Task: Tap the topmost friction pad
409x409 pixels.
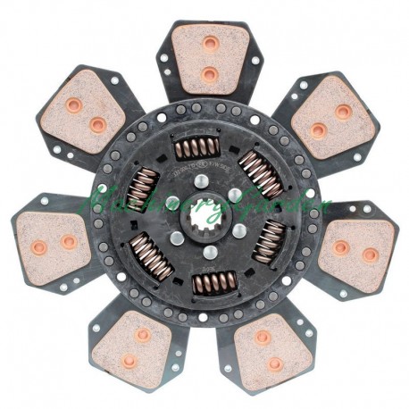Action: (206, 61)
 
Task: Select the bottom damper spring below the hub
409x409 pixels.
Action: (210, 284)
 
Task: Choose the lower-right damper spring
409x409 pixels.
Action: (270, 241)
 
